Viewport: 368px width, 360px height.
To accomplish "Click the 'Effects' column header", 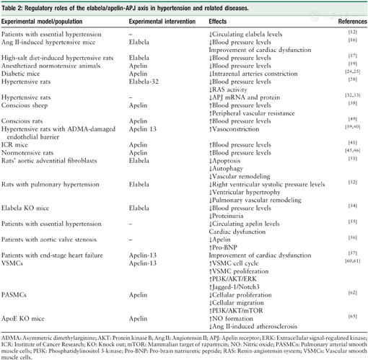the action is tap(219, 22).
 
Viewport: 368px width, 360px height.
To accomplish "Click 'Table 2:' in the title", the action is tap(16, 7).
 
